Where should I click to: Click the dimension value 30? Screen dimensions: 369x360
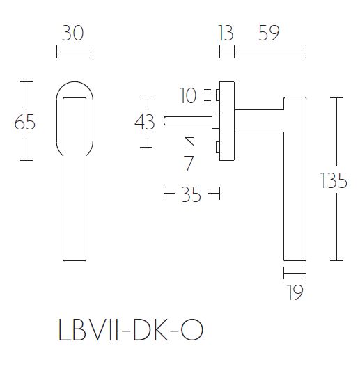[74, 33]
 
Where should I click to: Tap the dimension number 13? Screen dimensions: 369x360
[226, 33]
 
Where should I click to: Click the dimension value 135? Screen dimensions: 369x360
[334, 181]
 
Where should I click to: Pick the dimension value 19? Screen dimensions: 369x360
[295, 292]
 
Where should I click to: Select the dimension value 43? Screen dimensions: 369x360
[144, 122]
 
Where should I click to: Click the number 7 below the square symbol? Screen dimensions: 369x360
[188, 164]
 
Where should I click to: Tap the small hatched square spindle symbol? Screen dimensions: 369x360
[189, 142]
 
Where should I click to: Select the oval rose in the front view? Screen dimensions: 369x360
[74, 90]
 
